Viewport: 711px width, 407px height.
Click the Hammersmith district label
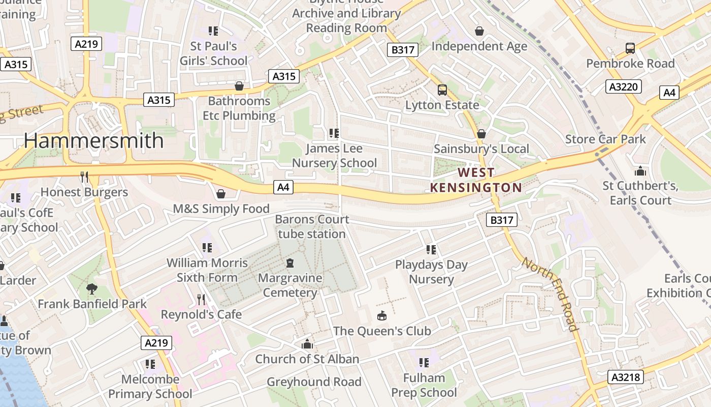point(94,140)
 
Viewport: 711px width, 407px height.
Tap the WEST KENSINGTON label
point(476,180)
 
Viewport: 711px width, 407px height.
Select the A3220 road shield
point(623,86)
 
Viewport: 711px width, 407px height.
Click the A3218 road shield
point(626,377)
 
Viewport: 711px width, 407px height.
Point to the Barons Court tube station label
point(312,226)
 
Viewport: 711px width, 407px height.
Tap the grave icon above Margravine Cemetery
point(290,263)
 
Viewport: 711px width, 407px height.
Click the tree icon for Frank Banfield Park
point(92,289)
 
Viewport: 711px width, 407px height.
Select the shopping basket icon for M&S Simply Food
point(221,194)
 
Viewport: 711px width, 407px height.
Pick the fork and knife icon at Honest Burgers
point(84,177)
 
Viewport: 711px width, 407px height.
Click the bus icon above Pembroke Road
point(630,48)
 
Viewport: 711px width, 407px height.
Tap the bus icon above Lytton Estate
point(442,90)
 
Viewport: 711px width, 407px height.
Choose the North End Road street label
point(551,294)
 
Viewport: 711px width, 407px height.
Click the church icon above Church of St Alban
point(307,344)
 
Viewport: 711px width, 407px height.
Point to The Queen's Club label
point(382,331)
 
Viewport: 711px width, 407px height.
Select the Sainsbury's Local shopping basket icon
point(481,134)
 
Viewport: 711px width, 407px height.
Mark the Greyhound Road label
point(314,382)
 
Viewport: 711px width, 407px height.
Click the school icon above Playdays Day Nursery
point(431,249)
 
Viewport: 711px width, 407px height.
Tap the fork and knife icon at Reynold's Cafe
point(201,299)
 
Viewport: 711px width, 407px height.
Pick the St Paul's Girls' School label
point(213,53)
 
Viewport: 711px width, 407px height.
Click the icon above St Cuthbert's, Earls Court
point(640,171)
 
